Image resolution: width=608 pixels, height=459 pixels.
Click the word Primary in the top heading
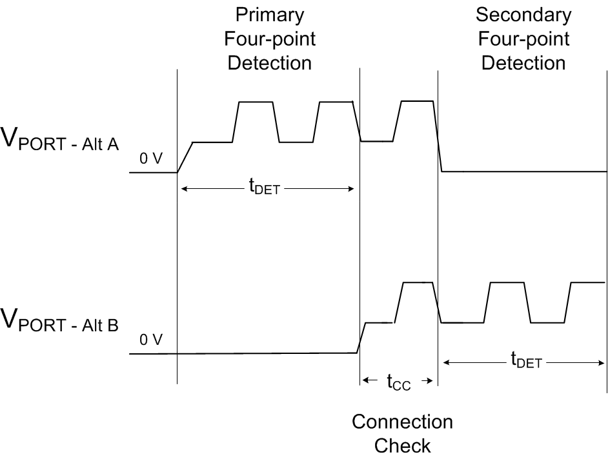point(270,14)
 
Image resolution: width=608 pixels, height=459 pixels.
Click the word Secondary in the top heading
point(523,14)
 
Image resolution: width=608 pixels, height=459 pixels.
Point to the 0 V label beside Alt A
point(151,159)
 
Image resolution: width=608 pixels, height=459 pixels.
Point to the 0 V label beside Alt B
point(151,340)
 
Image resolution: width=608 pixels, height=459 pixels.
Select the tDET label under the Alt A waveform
point(264,188)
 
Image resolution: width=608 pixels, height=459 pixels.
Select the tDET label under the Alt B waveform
point(525,362)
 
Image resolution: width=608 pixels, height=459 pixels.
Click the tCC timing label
point(398,382)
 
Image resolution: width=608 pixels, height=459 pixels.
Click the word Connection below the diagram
point(402,422)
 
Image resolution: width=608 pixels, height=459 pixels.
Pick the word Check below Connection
point(402,445)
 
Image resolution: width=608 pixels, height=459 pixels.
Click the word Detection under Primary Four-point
point(270,63)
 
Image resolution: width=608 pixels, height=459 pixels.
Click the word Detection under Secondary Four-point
point(523,63)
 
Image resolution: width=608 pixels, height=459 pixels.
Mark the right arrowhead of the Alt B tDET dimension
point(602,362)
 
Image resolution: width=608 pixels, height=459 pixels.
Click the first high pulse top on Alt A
point(255,102)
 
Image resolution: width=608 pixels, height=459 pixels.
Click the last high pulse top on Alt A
point(416,101)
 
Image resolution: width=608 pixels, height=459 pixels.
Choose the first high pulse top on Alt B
point(418,282)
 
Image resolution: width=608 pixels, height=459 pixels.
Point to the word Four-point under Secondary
point(523,39)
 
